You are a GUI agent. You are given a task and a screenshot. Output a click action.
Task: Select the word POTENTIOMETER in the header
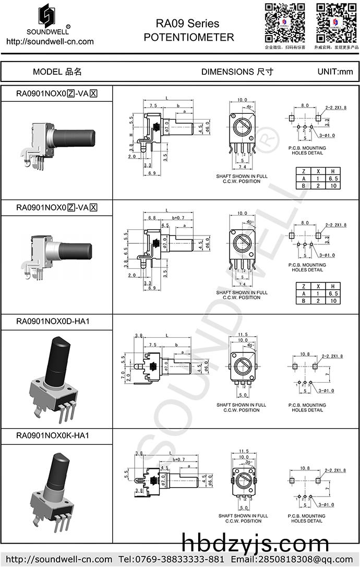click(188, 37)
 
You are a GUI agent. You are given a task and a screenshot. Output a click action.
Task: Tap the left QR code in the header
click(285, 22)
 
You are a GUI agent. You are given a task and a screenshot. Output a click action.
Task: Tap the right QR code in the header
click(336, 22)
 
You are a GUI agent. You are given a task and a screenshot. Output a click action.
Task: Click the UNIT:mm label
click(335, 72)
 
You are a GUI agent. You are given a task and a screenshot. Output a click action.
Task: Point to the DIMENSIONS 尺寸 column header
click(237, 72)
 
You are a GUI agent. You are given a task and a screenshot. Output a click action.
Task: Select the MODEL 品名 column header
click(57, 72)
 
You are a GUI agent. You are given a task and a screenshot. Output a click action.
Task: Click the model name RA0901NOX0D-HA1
click(53, 321)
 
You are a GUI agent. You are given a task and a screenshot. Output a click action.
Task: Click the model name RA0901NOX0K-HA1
click(53, 435)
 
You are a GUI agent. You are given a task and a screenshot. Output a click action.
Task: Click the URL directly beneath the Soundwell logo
click(50, 42)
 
